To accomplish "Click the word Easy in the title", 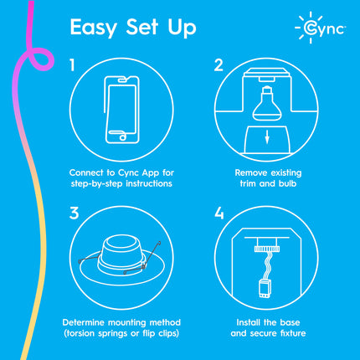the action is tap(94, 28).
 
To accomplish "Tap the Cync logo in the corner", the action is tap(321, 28).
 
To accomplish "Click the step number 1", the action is tap(73, 64).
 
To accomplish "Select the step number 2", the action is tap(219, 64).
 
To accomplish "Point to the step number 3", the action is tap(75, 213).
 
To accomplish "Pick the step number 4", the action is tap(219, 213).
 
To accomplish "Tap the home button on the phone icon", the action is tap(122, 137).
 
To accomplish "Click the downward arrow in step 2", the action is tap(267, 137).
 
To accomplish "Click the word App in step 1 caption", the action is tap(151, 173).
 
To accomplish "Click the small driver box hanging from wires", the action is tap(264, 289).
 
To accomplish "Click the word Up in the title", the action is tap(182, 28).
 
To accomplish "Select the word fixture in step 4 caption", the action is tap(293, 333).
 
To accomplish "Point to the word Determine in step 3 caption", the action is tap(84, 322).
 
